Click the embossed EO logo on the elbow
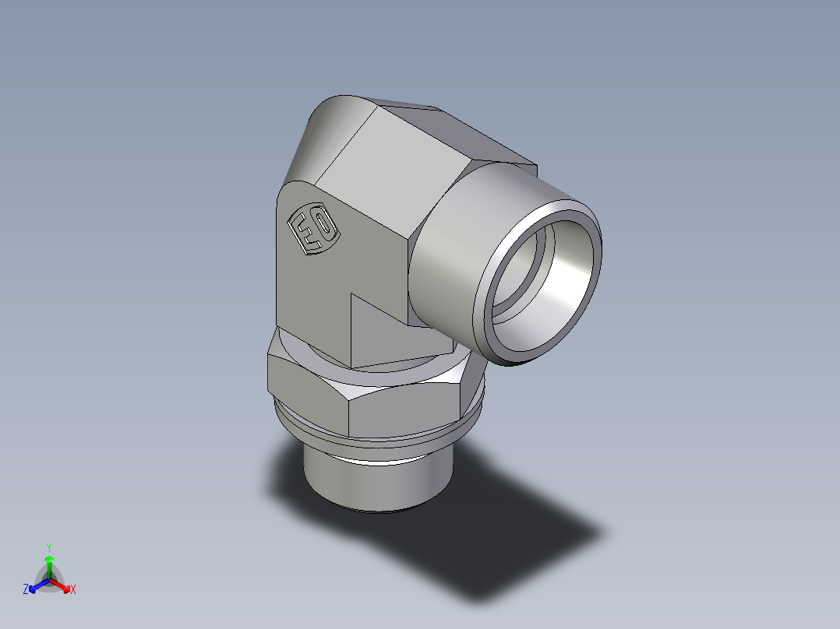312,230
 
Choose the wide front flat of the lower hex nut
405,409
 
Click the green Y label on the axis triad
49,546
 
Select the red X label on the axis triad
73,590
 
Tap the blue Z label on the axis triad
26,590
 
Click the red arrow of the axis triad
62,585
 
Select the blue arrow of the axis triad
37,585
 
